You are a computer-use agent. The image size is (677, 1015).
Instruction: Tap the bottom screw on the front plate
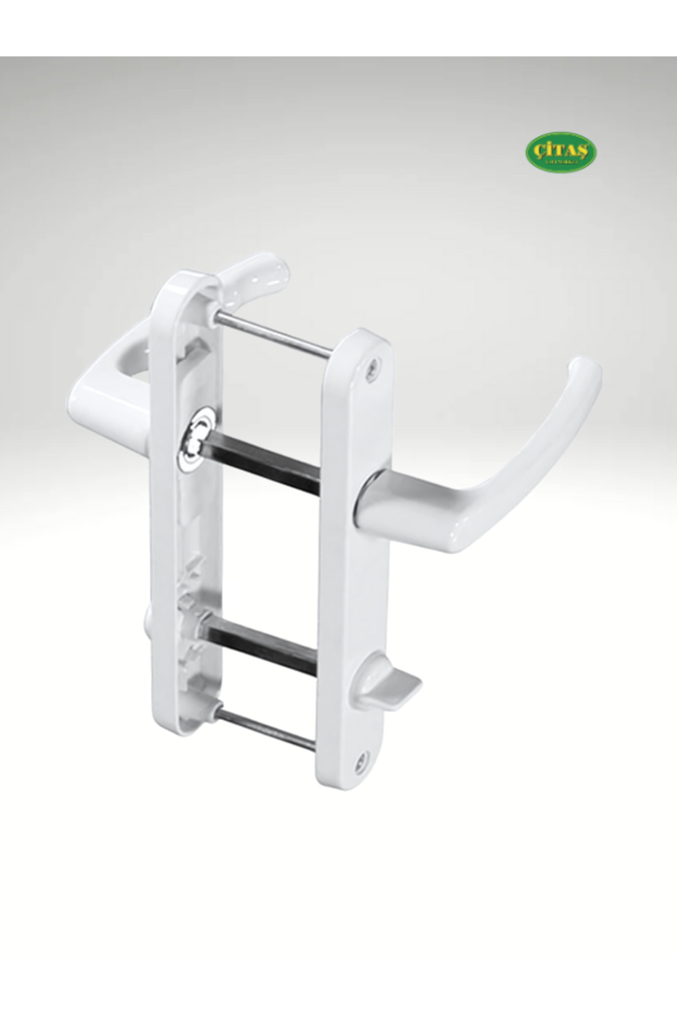pyautogui.click(x=359, y=760)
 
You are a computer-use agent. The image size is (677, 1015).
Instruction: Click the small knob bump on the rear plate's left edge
pyautogui.click(x=148, y=615)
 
